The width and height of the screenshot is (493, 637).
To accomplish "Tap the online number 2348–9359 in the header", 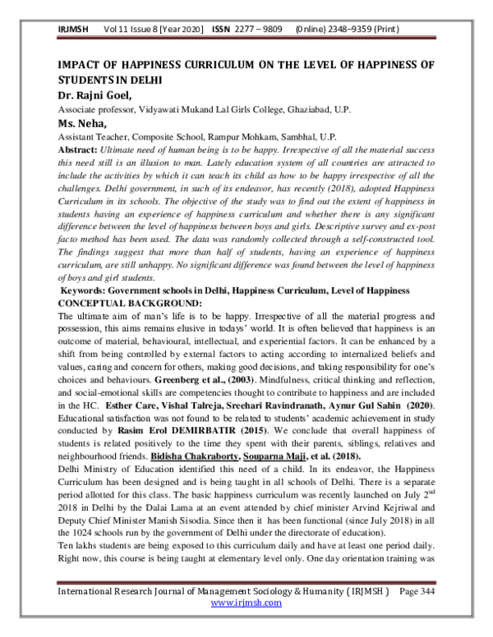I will [x=362, y=28].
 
